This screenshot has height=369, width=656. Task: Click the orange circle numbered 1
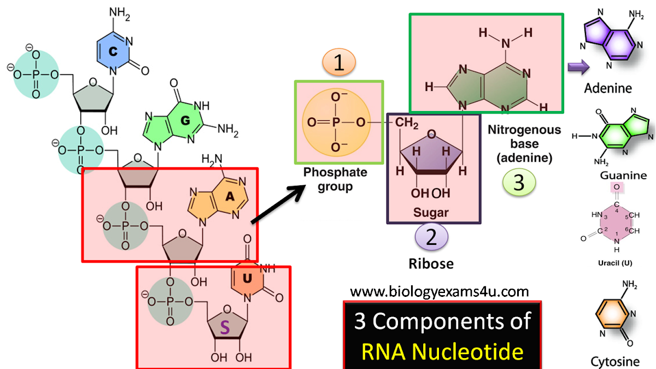click(339, 64)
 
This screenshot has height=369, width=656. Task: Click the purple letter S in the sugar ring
click(225, 328)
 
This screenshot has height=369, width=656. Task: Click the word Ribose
click(431, 263)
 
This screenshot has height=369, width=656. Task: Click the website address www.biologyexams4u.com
click(440, 291)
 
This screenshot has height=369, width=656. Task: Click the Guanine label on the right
click(623, 175)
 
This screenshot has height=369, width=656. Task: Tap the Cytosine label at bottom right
click(616, 361)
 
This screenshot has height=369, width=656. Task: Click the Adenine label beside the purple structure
click(608, 88)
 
